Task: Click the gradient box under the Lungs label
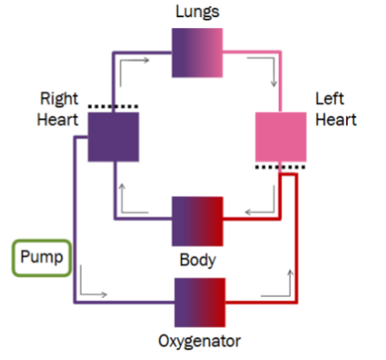pos(197,53)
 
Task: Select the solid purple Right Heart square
pos(113,136)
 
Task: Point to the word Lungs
pos(197,13)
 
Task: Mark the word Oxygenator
pos(200,341)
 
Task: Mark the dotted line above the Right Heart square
pos(113,107)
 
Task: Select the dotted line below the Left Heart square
pos(281,167)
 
